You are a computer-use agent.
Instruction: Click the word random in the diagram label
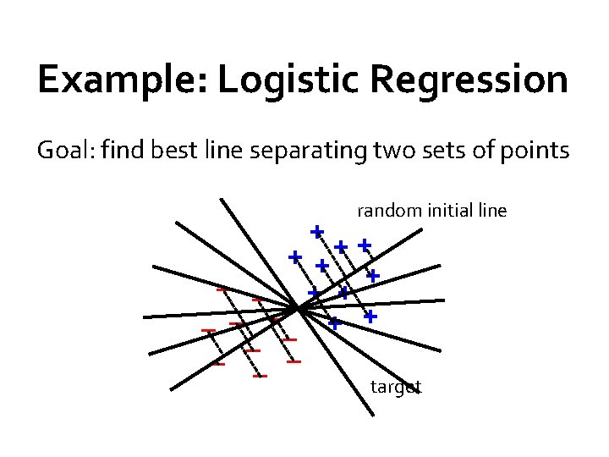[387, 210]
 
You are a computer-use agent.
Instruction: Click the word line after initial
[491, 210]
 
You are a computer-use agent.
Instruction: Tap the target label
[396, 388]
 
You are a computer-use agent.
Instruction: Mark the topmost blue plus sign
[316, 230]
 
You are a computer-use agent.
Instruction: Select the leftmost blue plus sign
[294, 256]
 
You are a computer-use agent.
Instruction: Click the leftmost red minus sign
[208, 329]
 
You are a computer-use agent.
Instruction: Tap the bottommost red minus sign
[261, 376]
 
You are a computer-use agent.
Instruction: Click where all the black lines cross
[299, 309]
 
